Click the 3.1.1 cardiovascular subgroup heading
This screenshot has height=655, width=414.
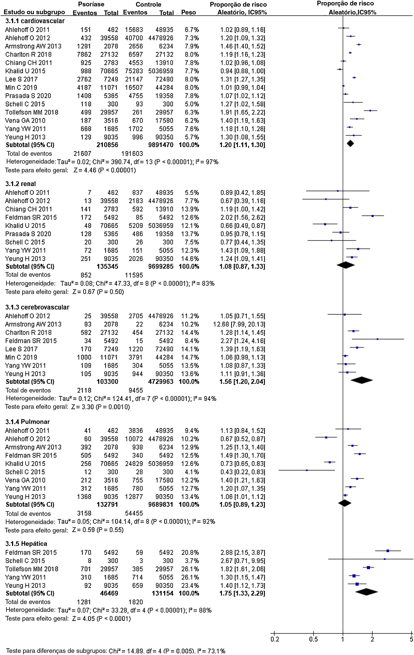35,21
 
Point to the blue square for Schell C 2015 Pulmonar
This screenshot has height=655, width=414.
307,470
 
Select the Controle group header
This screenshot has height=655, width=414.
148,4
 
